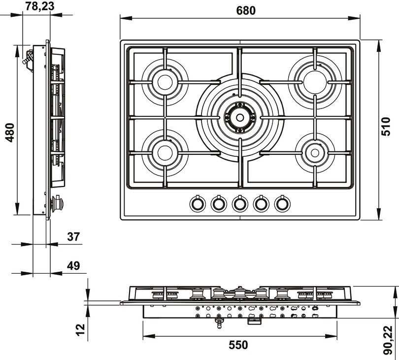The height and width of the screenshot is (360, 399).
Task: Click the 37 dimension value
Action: click(x=73, y=237)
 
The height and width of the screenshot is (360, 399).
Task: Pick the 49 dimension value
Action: click(x=73, y=266)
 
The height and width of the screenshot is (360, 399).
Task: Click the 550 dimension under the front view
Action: click(x=239, y=345)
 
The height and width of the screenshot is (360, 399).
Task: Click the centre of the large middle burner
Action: click(x=240, y=117)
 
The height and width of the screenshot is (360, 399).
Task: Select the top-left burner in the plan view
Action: click(x=165, y=82)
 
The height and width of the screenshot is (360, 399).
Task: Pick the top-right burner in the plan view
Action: click(x=314, y=82)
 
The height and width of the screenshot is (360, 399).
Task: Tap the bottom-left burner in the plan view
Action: click(x=165, y=153)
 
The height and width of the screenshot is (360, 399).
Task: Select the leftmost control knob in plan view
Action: click(x=197, y=203)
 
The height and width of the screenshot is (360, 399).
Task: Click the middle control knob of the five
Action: click(x=239, y=203)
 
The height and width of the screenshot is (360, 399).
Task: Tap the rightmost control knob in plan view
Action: click(x=282, y=203)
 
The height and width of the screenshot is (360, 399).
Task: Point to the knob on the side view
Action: click(x=59, y=203)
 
